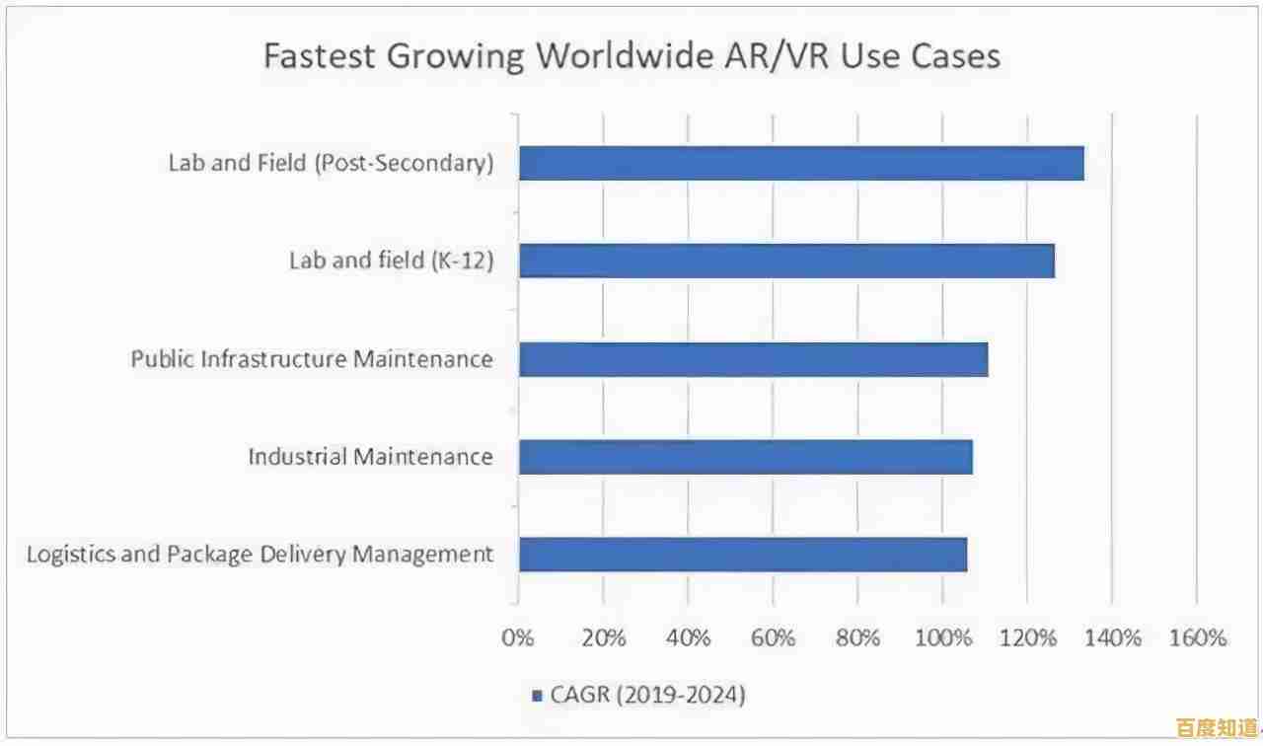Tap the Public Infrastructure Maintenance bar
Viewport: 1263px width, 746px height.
[753, 359]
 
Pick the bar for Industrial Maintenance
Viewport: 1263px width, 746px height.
[745, 457]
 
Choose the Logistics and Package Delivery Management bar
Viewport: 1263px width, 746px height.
[742, 555]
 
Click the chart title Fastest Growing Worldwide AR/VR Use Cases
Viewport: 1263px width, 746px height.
[631, 55]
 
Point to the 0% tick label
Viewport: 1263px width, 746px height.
[518, 638]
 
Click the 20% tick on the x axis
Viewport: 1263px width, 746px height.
[603, 638]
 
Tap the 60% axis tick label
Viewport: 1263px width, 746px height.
[773, 638]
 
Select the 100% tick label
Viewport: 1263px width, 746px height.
[942, 638]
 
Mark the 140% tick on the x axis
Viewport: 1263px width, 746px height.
[1112, 638]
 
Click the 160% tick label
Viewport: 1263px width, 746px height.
[1197, 638]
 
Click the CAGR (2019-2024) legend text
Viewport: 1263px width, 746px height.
[646, 695]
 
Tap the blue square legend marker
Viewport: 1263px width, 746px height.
[537, 696]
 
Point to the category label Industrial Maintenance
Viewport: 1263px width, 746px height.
[370, 457]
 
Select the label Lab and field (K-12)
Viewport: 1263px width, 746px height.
[391, 261]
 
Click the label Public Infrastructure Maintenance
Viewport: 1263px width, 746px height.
[312, 359]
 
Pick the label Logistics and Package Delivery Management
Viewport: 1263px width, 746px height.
[260, 555]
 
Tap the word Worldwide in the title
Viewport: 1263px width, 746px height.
[618, 55]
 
